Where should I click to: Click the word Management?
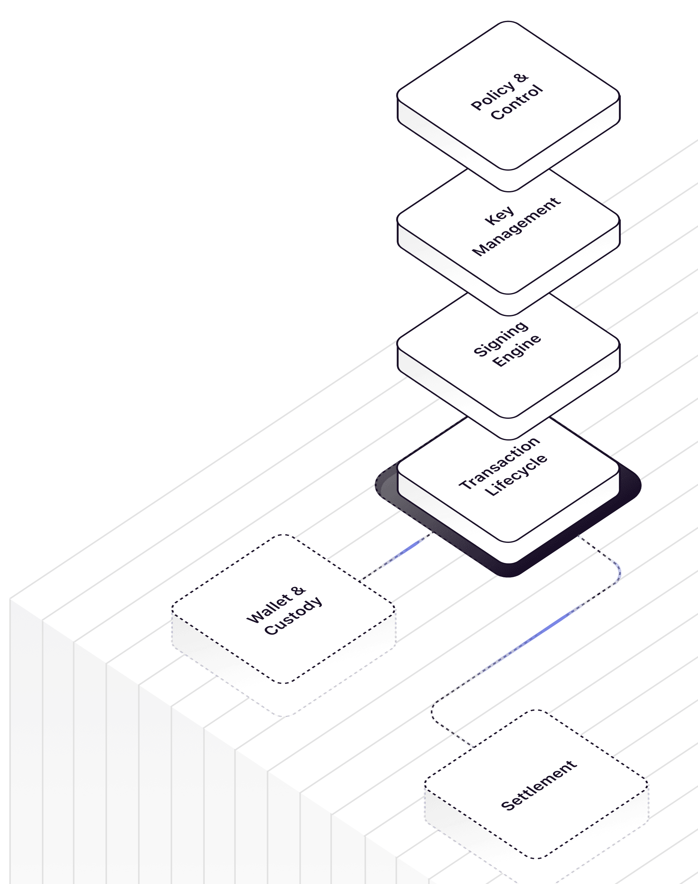(x=517, y=227)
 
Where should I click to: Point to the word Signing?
(x=500, y=338)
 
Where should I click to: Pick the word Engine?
(x=517, y=350)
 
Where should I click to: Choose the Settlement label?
(x=539, y=785)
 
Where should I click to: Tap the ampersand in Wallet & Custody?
(x=299, y=591)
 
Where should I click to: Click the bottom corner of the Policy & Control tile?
(x=508, y=190)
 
